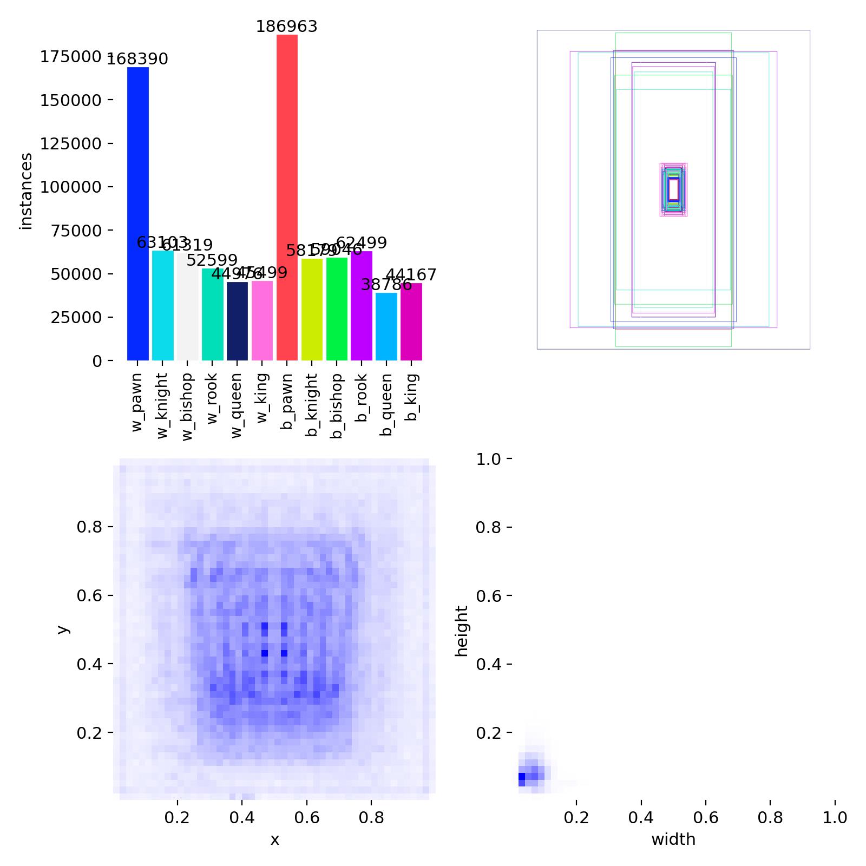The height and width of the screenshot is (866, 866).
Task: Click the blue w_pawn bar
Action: tap(137, 214)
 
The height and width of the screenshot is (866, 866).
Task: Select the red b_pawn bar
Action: tap(287, 198)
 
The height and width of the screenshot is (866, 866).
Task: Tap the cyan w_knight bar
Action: tap(162, 305)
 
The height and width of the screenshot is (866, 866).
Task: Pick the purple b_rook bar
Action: tap(361, 306)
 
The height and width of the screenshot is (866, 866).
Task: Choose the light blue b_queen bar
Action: tap(386, 326)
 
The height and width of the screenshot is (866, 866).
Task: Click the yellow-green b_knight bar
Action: tap(312, 310)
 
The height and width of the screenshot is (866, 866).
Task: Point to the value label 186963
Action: tap(286, 27)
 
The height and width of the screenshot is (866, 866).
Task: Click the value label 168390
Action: tap(137, 59)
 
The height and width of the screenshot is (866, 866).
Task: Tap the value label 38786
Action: tap(386, 285)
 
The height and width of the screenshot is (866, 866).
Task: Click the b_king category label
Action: tap(412, 397)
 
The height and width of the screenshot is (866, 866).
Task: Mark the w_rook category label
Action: tap(212, 398)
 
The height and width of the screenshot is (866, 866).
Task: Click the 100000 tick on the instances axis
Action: tap(76, 187)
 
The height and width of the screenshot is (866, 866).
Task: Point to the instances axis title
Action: tap(25, 192)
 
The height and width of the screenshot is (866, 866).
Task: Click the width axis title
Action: tap(673, 839)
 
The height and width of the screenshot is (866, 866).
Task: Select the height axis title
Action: tap(461, 631)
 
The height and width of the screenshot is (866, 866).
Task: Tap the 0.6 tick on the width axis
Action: tap(705, 817)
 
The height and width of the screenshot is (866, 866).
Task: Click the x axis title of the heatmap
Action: tap(274, 839)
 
